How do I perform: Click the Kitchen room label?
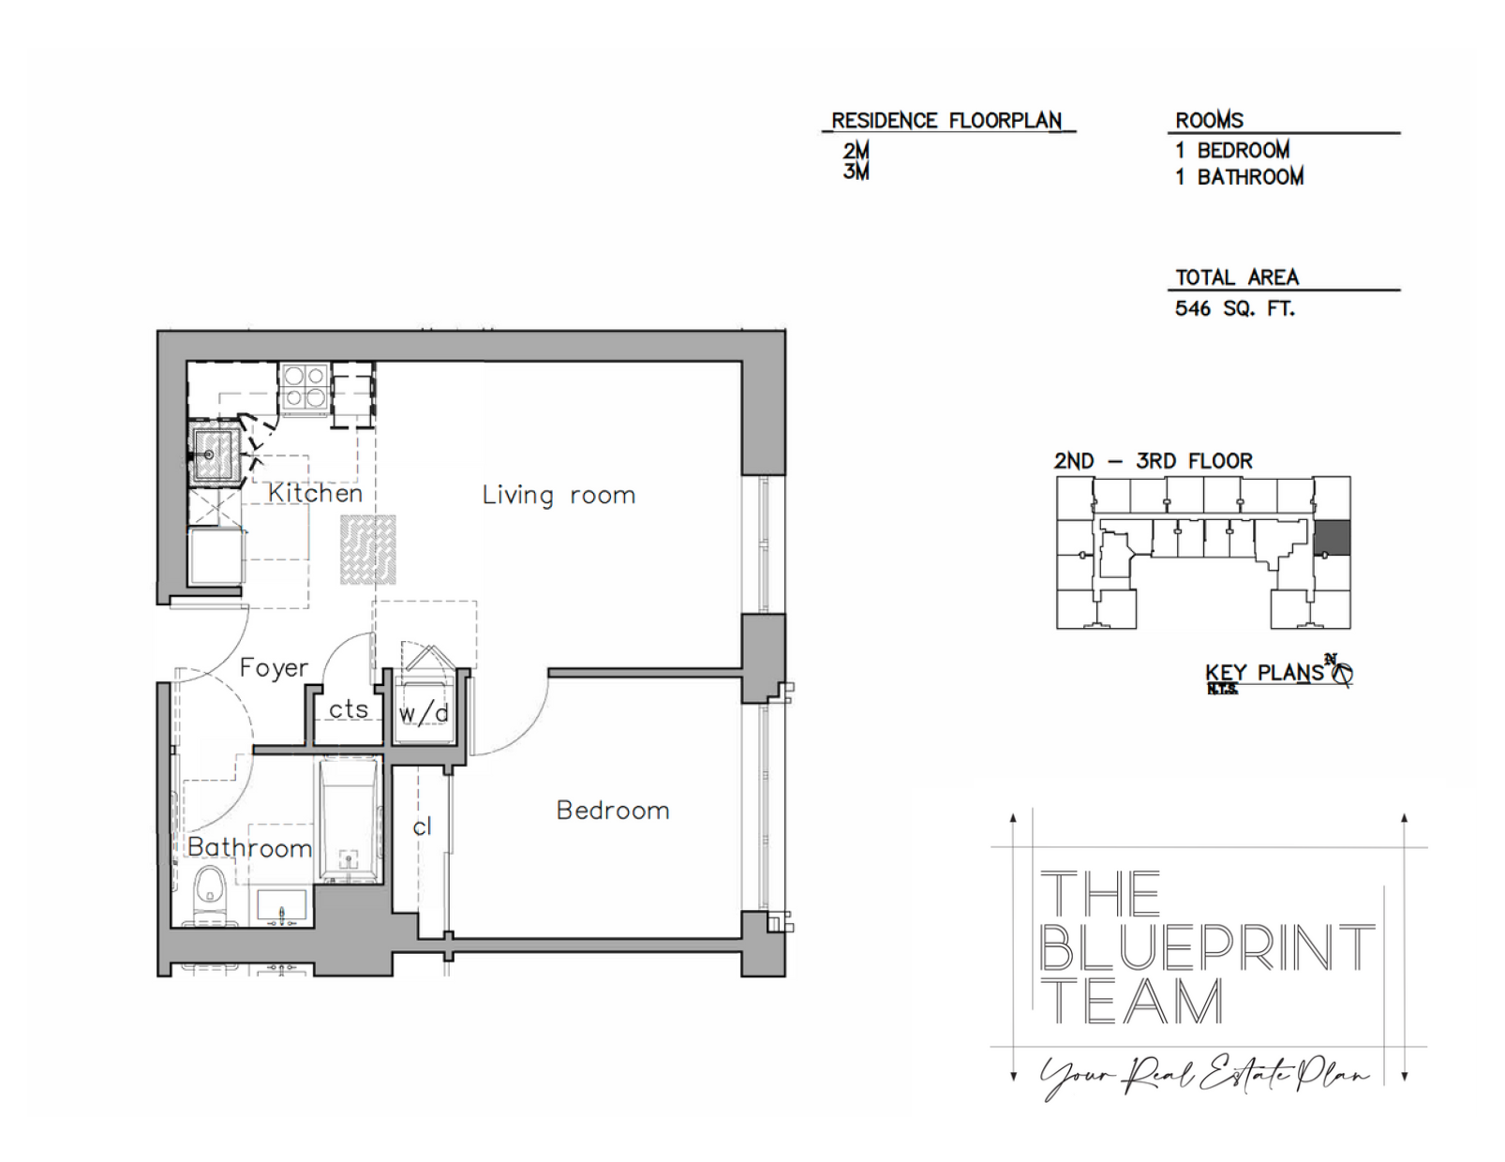point(315,493)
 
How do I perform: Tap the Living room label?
point(559,495)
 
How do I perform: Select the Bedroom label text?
point(613,811)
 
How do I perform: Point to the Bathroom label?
point(249,848)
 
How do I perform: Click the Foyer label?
point(274,667)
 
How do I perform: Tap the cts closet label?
point(349,709)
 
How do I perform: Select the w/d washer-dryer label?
point(424,714)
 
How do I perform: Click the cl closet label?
point(422,827)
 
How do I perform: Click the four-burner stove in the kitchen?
point(305,387)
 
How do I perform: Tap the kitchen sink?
point(215,454)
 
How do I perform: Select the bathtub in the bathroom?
point(349,820)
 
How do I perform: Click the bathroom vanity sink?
point(282,907)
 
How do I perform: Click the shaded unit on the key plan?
point(1333,538)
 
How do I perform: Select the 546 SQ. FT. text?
point(1234,308)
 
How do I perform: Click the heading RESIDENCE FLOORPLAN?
point(946,121)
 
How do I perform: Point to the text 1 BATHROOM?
point(1239,176)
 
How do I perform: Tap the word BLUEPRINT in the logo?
point(1207,947)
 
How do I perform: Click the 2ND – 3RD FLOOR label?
point(1153,461)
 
